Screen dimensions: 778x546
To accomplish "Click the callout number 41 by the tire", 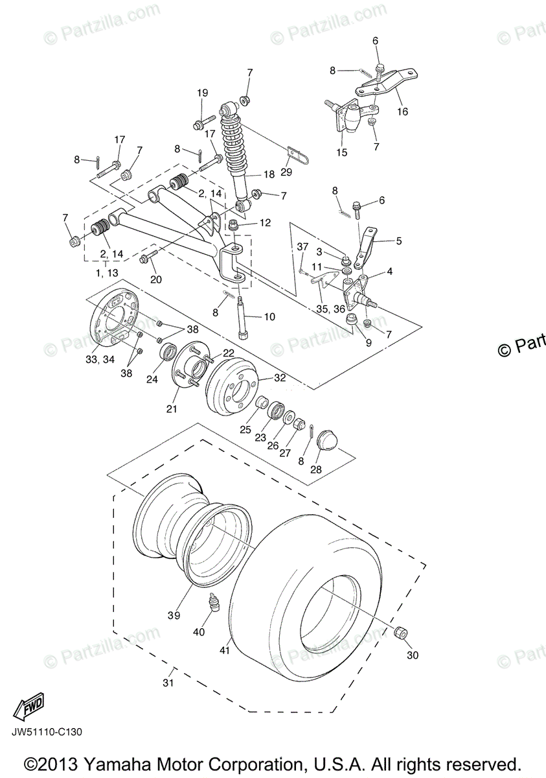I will (225, 650).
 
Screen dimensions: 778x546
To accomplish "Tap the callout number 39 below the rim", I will (174, 615).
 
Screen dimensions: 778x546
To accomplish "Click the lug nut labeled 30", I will (400, 632).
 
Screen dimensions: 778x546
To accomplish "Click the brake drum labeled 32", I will (232, 387).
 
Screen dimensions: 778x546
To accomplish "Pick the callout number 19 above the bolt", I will (202, 93).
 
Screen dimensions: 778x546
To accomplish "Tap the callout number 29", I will (286, 172).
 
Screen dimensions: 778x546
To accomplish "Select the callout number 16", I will (403, 112).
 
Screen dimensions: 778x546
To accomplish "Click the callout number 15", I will (341, 153).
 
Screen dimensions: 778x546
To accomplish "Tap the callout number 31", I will (169, 683).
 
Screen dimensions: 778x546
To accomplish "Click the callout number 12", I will (266, 223).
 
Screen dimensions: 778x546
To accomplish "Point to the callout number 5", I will (399, 241).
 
